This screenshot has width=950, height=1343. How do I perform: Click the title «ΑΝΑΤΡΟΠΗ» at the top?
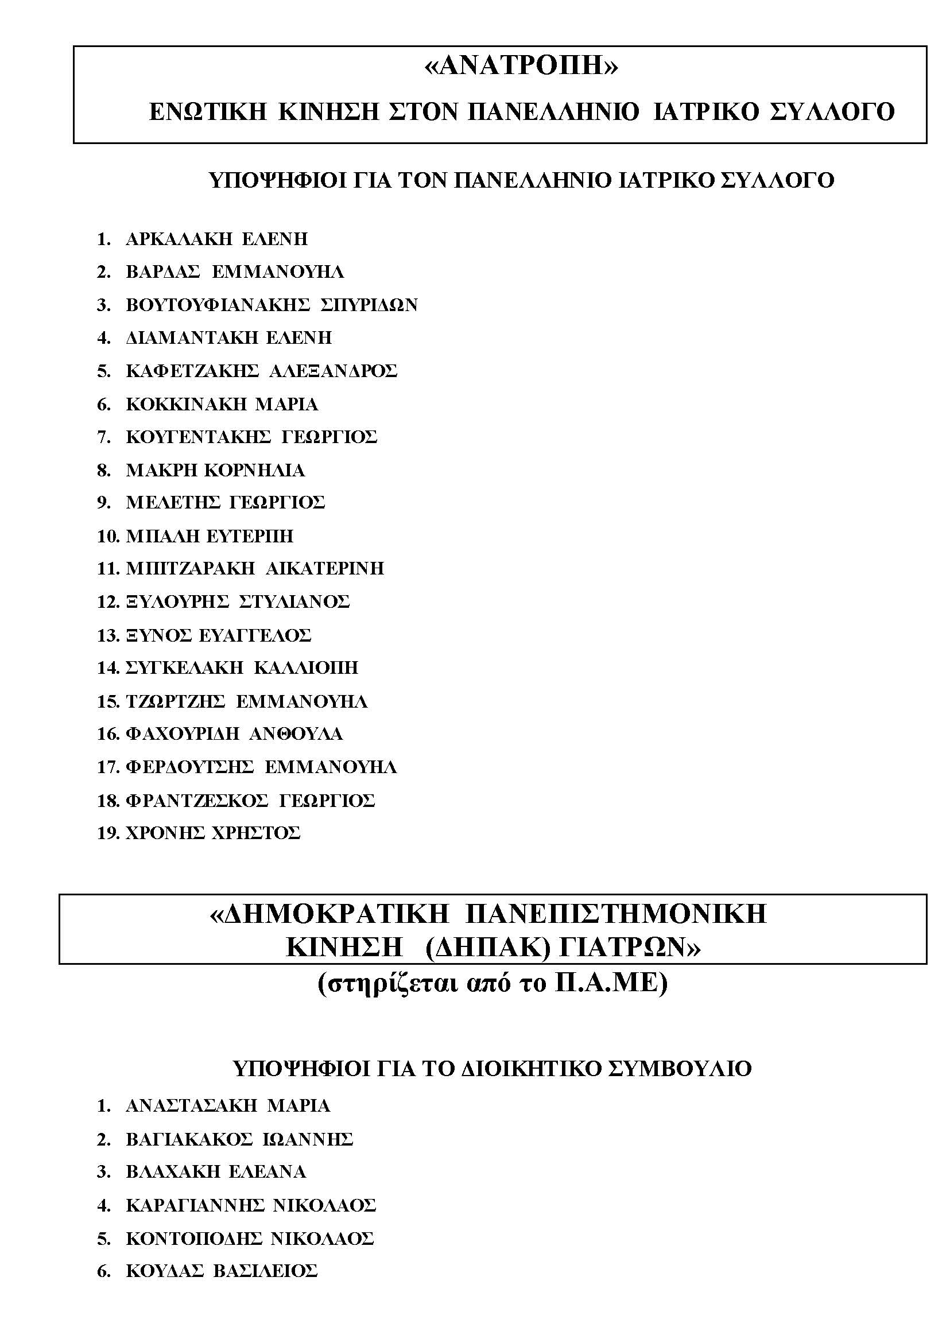click(x=520, y=67)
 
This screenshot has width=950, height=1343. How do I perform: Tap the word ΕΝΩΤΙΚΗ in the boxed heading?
click(x=208, y=112)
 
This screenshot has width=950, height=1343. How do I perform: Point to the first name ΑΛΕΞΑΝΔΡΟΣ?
click(x=333, y=371)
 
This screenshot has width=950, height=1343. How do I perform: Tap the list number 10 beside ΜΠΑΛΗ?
click(x=109, y=536)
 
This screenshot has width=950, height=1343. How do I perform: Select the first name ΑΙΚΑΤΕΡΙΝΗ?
click(x=325, y=569)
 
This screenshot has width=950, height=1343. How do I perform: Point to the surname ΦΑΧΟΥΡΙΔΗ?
click(x=182, y=733)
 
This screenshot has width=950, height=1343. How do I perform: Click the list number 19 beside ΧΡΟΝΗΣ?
click(x=109, y=833)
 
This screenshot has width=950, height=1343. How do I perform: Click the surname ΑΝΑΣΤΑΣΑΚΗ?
click(x=191, y=1106)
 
